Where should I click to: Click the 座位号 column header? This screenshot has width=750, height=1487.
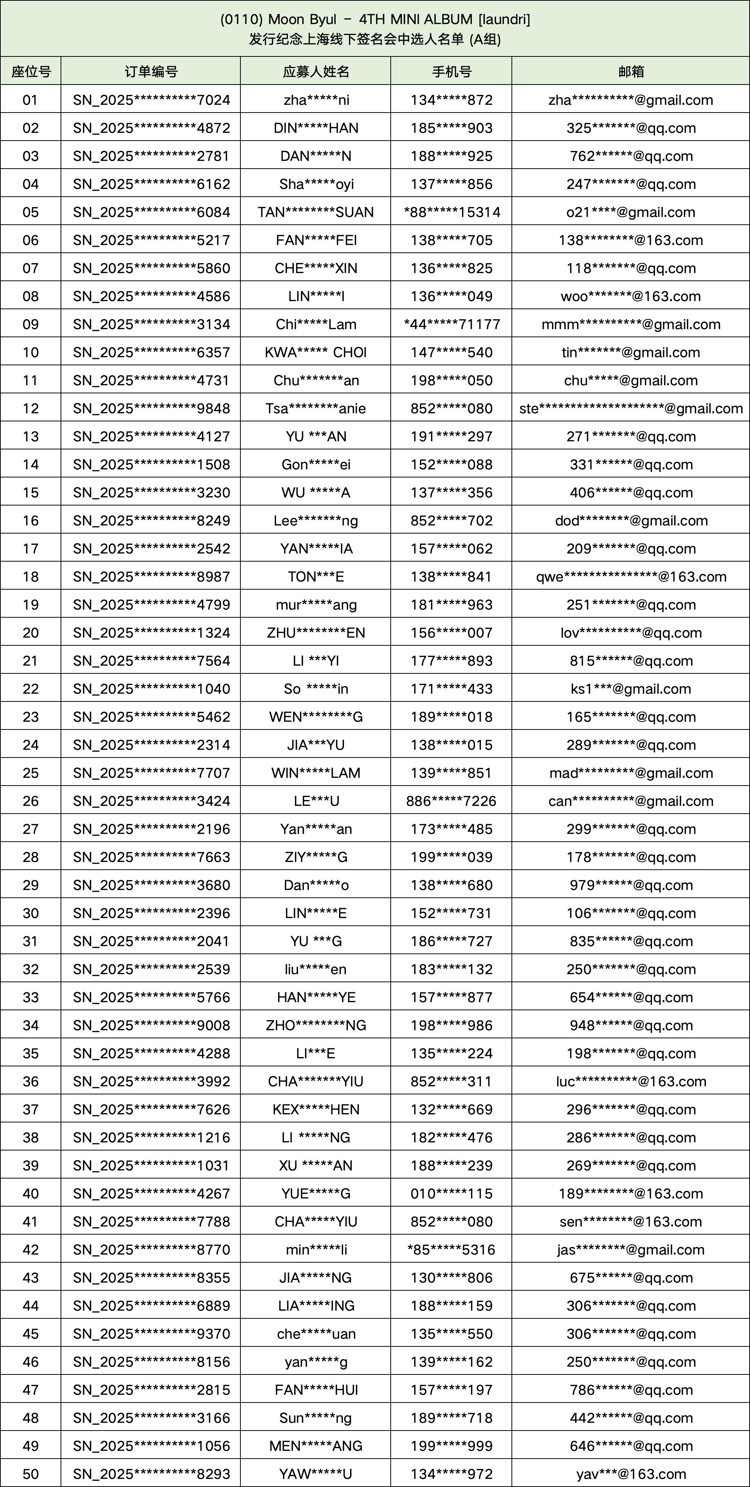pyautogui.click(x=31, y=71)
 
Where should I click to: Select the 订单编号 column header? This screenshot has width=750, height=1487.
pyautogui.click(x=151, y=71)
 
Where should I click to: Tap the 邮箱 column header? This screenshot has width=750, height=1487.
pyautogui.click(x=630, y=71)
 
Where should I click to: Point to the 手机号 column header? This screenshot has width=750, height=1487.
pyautogui.click(x=452, y=71)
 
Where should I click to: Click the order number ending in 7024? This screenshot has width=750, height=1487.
pyautogui.click(x=151, y=100)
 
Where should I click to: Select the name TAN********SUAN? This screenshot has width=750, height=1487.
pyautogui.click(x=316, y=212)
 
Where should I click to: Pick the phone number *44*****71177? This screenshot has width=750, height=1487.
pyautogui.click(x=452, y=325)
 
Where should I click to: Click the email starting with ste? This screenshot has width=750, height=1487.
pyautogui.click(x=630, y=409)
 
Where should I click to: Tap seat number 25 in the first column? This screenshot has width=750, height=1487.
pyautogui.click(x=31, y=773)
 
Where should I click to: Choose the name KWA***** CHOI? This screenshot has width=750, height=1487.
pyautogui.click(x=316, y=353)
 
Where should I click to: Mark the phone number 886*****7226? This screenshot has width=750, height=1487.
pyautogui.click(x=452, y=801)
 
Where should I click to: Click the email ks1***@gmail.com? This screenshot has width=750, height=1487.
pyautogui.click(x=630, y=689)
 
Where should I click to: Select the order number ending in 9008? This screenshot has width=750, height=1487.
pyautogui.click(x=151, y=1025)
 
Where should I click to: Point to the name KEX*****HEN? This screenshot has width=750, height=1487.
pyautogui.click(x=316, y=1109)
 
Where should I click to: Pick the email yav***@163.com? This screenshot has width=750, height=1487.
pyautogui.click(x=630, y=1474)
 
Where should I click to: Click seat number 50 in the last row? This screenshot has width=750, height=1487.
pyautogui.click(x=31, y=1474)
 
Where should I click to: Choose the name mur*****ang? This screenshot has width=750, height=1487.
pyautogui.click(x=316, y=605)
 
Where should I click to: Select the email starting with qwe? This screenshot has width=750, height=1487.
pyautogui.click(x=630, y=577)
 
